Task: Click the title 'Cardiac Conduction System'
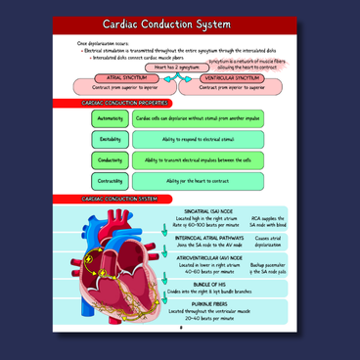coord(179,24)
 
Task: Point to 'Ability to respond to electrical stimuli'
coord(197,139)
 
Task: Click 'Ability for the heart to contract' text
coord(197,181)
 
